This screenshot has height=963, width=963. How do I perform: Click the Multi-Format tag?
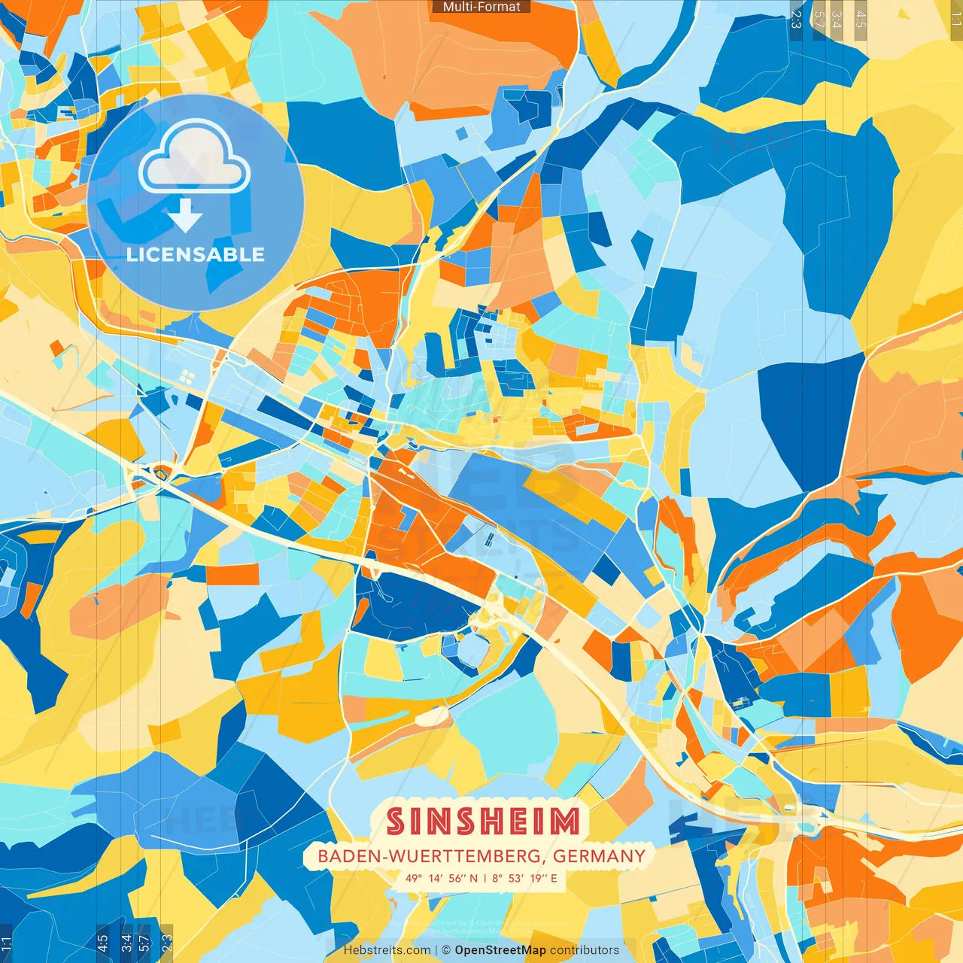(481, 7)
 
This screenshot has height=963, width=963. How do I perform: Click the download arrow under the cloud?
(184, 215)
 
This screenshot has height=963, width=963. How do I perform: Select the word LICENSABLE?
(196, 254)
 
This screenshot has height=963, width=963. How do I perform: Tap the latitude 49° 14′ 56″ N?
(441, 878)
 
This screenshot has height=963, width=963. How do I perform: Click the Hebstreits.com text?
(387, 950)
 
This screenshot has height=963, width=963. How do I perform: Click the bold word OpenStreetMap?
(500, 950)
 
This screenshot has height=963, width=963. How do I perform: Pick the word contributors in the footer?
(585, 950)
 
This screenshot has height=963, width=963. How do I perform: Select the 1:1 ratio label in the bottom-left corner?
(6, 943)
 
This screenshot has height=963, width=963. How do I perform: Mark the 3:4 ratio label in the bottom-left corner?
(126, 943)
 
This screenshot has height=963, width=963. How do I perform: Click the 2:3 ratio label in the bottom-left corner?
(166, 943)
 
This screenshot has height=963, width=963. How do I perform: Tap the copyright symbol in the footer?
(446, 950)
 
